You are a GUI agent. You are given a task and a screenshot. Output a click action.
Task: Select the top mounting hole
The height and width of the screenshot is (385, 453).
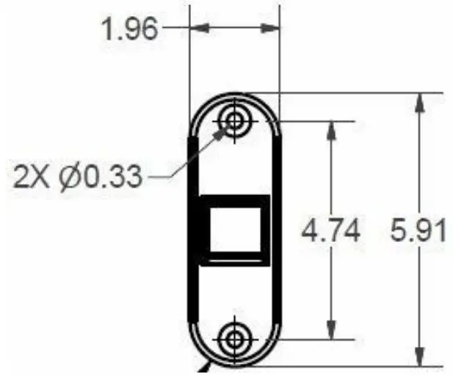click(235, 120)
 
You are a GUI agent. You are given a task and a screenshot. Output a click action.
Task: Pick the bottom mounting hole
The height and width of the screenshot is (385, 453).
click(235, 339)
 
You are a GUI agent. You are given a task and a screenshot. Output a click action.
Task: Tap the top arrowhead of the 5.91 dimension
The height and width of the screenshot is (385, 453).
click(418, 103)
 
